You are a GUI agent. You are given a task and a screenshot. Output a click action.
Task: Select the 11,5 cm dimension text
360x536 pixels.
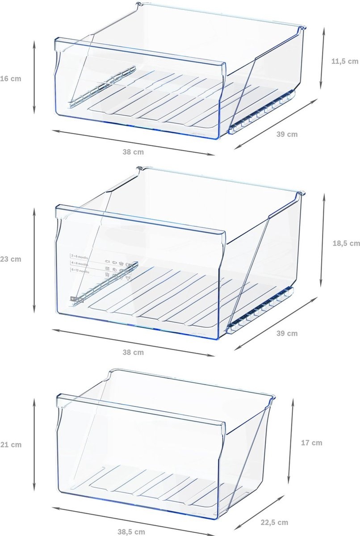pyautogui.click(x=345, y=61)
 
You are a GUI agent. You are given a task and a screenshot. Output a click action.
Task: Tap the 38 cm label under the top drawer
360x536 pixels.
pyautogui.click(x=133, y=152)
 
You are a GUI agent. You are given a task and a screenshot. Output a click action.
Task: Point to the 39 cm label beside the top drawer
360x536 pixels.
pyautogui.click(x=287, y=134)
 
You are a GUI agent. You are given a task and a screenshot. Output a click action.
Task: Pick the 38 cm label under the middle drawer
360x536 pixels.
pyautogui.click(x=133, y=352)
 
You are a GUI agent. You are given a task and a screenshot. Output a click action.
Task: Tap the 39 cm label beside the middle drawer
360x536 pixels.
pyautogui.click(x=287, y=333)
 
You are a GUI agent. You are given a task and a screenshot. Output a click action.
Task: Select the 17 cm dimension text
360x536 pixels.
pyautogui.click(x=311, y=443)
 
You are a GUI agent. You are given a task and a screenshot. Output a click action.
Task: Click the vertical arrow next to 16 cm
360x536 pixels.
pyautogui.click(x=34, y=76)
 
